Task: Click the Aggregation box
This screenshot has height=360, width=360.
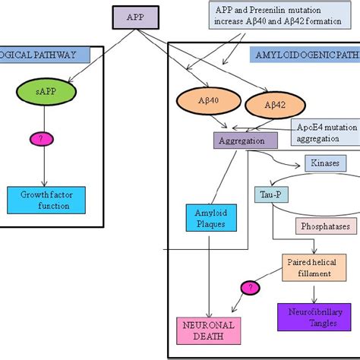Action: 240,141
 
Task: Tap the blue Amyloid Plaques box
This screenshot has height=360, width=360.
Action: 207,218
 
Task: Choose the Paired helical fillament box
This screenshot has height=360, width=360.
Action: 309,267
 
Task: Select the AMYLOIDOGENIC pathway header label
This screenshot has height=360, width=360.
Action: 304,55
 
